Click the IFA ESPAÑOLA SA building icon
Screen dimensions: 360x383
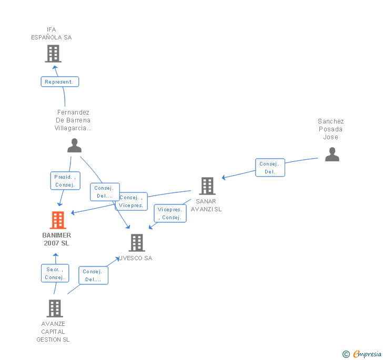pos(53,53)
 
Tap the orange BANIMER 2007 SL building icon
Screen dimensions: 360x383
pos(58,220)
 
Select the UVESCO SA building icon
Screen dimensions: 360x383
pos(137,242)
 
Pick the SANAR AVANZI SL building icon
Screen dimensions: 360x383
pos(207,186)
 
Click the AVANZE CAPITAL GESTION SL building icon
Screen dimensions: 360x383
pos(55,308)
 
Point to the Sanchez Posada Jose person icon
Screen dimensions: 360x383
pos(332,154)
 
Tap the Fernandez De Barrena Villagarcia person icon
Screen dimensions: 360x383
pos(75,145)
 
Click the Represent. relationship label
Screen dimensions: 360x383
pos(60,82)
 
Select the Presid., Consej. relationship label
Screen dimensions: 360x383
pos(65,181)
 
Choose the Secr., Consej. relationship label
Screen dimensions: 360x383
pos(55,273)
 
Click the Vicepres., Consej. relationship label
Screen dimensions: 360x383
pos(170,213)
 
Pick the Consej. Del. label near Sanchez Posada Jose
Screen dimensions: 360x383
pos(270,168)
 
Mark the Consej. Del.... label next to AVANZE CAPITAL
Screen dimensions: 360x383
pos(93,275)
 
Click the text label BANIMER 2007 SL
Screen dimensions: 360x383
pos(56,239)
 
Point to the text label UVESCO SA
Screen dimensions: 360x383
pos(136,258)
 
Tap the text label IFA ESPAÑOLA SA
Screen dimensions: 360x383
pos(51,34)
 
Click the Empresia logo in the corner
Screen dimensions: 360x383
pos(362,354)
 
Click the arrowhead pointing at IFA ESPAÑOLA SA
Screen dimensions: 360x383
pos(55,66)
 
